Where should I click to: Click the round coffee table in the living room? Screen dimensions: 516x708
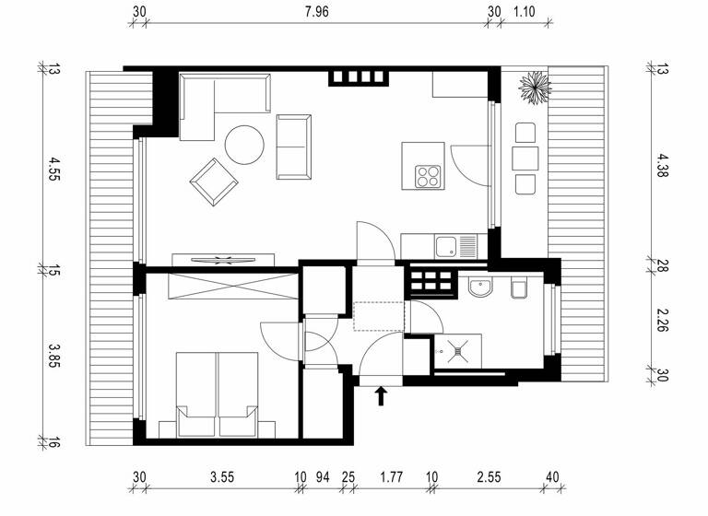click(x=245, y=145)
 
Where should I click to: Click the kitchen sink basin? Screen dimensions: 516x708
click(x=446, y=246)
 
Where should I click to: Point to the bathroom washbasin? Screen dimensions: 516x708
click(x=479, y=288)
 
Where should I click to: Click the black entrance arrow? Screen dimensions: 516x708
click(x=381, y=396)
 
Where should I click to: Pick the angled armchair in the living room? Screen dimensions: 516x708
click(x=212, y=181)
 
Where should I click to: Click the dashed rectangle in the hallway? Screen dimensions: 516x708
click(x=379, y=315)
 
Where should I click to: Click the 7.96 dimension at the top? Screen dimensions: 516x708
click(x=316, y=12)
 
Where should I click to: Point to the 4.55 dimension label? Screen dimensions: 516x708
click(x=53, y=170)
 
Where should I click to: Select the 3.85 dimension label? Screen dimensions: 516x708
click(x=53, y=355)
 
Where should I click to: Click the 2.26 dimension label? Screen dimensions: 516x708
click(x=662, y=321)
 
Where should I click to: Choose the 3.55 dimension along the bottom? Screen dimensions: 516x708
click(x=221, y=477)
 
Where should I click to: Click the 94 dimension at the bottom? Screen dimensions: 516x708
click(x=323, y=477)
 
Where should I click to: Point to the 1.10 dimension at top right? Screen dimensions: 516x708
click(x=524, y=12)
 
